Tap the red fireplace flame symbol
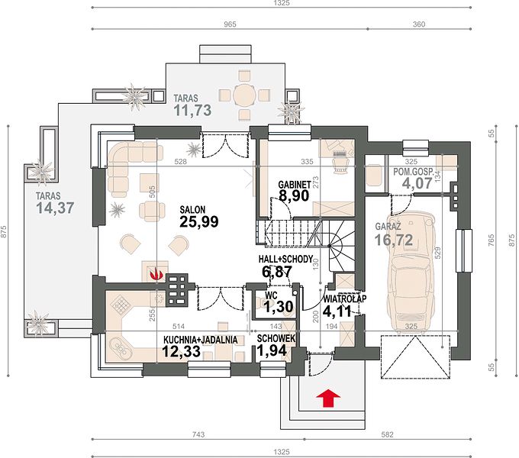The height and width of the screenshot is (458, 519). click(x=156, y=274)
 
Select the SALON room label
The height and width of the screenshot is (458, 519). click(x=192, y=209)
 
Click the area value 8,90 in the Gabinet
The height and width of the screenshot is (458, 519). click(x=294, y=195)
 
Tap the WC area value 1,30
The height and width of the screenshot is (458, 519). click(x=279, y=307)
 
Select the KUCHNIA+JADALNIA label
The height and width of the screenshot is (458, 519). click(x=200, y=340)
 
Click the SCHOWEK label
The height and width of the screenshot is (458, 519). click(x=276, y=338)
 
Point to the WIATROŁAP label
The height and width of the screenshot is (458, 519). click(x=345, y=298)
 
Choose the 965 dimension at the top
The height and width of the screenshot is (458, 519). click(x=230, y=24)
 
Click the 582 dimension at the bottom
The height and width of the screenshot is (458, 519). click(x=387, y=434)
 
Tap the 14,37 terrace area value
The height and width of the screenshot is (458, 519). click(x=55, y=208)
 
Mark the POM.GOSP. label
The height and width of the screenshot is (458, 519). click(x=413, y=172)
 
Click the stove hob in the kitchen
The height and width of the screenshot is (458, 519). click(x=120, y=304)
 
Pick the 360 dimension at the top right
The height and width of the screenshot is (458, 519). click(x=419, y=24)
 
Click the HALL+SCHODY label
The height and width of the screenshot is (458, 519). click(x=285, y=259)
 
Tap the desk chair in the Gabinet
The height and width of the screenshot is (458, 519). click(x=340, y=164)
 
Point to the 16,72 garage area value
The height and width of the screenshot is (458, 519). click(x=394, y=240)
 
